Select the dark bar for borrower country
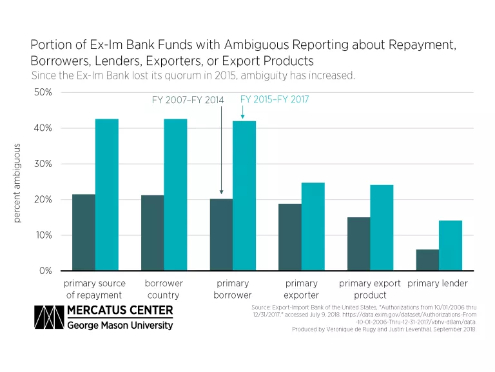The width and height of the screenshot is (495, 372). (x=152, y=233)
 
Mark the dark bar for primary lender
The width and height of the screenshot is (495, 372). (x=427, y=260)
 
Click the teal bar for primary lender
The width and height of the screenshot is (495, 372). (x=451, y=246)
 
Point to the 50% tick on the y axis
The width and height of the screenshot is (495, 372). (x=44, y=92)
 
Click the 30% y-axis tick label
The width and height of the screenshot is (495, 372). (x=44, y=164)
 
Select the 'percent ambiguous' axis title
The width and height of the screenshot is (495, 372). (x=17, y=182)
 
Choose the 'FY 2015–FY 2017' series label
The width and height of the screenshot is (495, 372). (x=275, y=99)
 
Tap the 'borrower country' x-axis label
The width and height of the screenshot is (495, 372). (x=164, y=289)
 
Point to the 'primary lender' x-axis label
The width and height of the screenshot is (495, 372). (x=438, y=284)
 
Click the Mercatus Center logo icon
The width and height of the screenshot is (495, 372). (x=46, y=318)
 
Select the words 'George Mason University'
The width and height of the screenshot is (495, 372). (x=120, y=326)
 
